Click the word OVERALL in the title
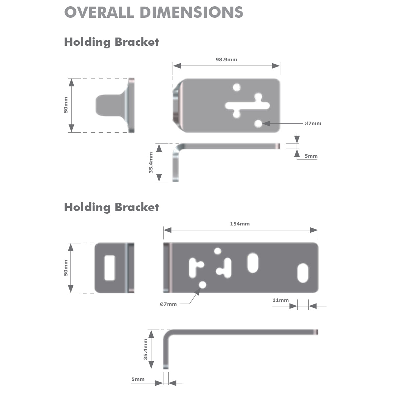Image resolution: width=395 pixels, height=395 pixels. (x=99, y=13)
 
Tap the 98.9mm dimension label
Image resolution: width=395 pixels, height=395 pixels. (x=226, y=60)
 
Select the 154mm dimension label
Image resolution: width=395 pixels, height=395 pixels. (x=240, y=224)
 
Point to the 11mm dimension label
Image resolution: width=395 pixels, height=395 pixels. (x=280, y=300)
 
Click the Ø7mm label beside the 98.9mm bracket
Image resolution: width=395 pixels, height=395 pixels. (x=313, y=123)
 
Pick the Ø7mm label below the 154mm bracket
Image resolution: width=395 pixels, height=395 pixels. (x=168, y=304)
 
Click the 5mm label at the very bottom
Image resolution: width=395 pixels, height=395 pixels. (x=138, y=379)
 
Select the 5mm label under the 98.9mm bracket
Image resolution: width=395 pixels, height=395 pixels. (x=311, y=156)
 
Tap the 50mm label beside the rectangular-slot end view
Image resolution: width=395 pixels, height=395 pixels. (x=66, y=268)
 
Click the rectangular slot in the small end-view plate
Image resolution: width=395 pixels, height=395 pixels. (x=110, y=268)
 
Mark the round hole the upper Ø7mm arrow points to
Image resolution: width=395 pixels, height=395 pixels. (x=259, y=123)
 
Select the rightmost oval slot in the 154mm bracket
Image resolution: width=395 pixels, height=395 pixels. (x=303, y=273)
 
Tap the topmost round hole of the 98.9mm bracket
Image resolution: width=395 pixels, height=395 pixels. (x=236, y=87)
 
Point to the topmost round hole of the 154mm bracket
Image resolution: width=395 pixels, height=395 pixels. (x=217, y=251)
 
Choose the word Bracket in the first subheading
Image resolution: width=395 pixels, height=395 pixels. (x=137, y=42)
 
